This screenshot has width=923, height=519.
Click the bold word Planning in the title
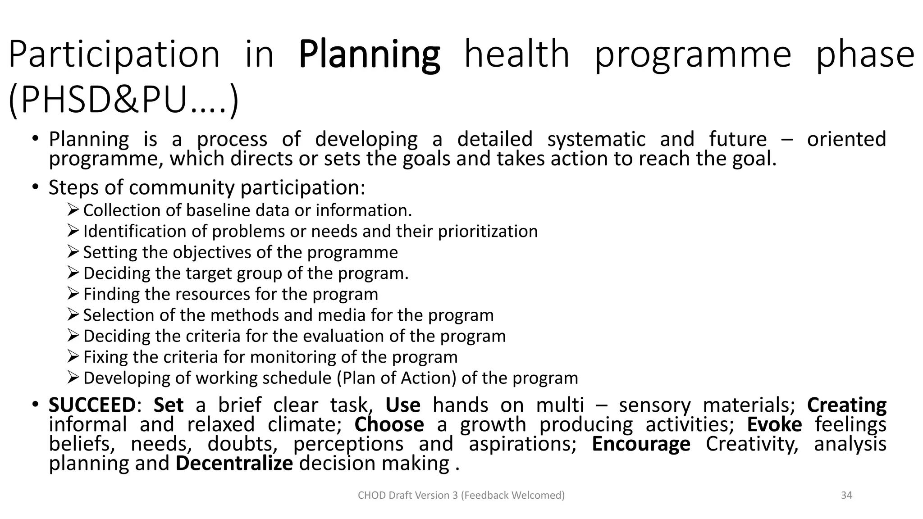369,55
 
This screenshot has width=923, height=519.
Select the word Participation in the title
114,55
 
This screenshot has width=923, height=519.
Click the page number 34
846,495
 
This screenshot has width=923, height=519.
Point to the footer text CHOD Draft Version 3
461,495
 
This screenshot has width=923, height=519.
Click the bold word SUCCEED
92,405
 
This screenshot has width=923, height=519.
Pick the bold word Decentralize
234,463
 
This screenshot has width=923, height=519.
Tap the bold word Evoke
774,424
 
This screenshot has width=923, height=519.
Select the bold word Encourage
640,444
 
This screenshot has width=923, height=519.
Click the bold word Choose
389,424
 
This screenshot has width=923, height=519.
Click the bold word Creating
846,405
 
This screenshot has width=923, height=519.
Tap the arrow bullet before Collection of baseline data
73,209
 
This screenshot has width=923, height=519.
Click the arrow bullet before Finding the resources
73,293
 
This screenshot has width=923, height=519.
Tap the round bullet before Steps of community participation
36,187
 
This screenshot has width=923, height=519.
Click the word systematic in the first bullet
596,139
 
